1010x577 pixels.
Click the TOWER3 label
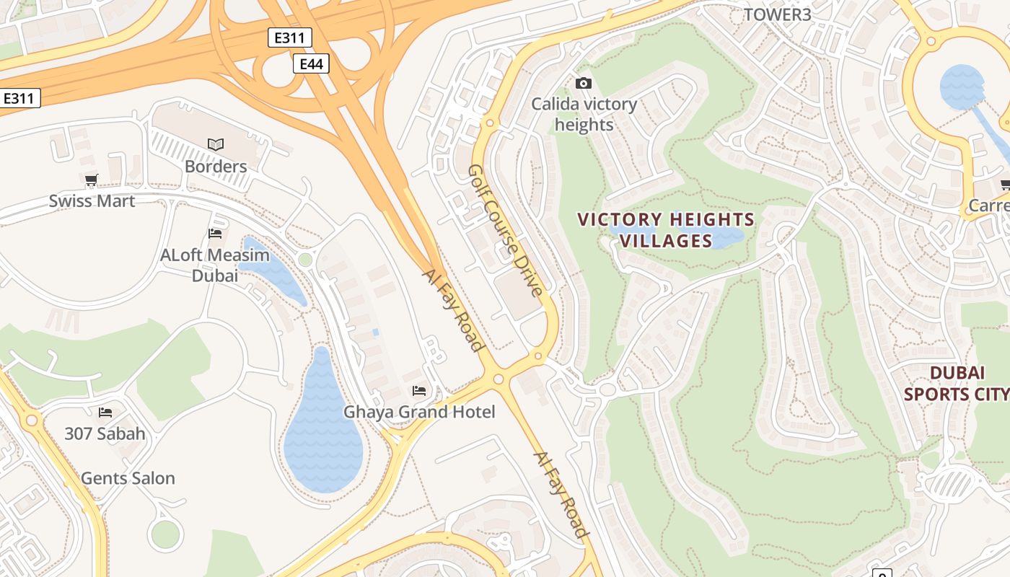point(777,14)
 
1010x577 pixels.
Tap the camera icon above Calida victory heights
point(584,84)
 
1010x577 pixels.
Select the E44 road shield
point(311,64)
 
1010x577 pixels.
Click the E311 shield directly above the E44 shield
point(289,38)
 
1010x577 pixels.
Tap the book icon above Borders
point(216,144)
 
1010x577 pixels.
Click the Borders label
point(216,167)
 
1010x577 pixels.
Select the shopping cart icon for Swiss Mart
point(91,180)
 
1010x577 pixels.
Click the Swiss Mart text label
point(92,201)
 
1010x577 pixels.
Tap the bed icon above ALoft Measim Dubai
point(215,233)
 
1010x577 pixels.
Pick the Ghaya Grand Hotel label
point(419,412)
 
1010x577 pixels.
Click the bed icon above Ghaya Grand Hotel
point(418,391)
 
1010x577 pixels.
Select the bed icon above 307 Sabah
point(105,413)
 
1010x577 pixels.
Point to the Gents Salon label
point(128,478)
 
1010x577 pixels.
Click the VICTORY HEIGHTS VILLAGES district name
point(666,230)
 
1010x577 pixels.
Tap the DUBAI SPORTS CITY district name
point(956,383)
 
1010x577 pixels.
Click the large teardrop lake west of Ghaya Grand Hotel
point(322,433)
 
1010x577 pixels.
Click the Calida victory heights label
point(584,114)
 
